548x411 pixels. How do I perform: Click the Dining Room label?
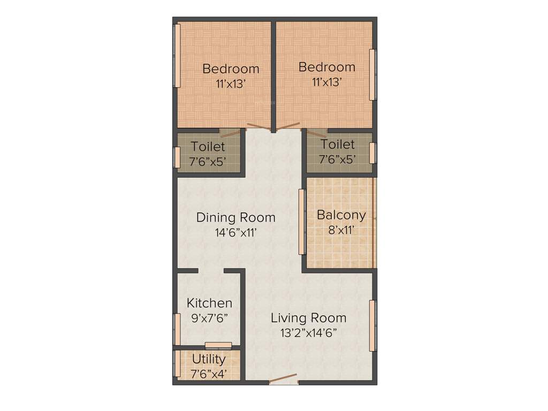click(235, 218)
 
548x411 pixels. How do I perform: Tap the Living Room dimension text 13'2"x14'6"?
click(308, 332)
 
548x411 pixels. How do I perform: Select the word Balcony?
click(341, 215)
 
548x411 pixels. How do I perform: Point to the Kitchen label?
click(209, 303)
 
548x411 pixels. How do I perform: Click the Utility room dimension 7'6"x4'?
click(209, 373)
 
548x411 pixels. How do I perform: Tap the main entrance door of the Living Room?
click(283, 379)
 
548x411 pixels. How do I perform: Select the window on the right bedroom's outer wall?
click(372, 74)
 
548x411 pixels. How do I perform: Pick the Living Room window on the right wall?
click(372, 326)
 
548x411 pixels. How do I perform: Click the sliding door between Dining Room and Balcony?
click(302, 222)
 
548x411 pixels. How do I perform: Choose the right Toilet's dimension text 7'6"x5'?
click(338, 159)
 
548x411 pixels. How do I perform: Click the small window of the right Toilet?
click(372, 153)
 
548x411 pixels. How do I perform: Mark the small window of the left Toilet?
click(177, 157)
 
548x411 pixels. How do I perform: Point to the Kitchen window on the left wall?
click(177, 329)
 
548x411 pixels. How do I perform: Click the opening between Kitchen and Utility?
click(218, 345)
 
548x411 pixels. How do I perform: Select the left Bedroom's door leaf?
click(258, 127)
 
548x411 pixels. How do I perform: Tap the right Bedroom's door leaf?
click(287, 126)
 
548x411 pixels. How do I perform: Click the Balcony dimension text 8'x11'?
click(341, 231)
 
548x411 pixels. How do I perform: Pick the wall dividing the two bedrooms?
click(273, 75)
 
